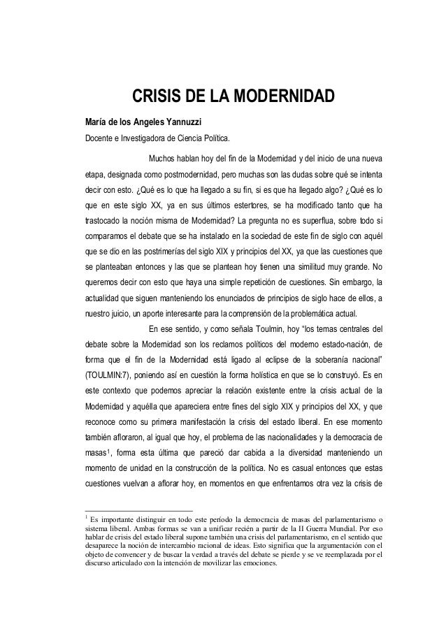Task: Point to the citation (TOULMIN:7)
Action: pos(112,373)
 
